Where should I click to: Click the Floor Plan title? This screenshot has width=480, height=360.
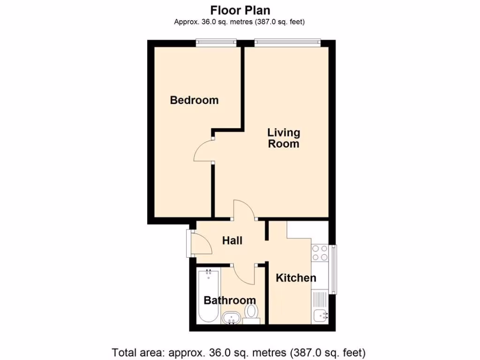click(240, 10)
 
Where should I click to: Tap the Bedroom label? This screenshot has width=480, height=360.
click(194, 100)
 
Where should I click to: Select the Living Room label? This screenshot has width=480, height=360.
click(284, 138)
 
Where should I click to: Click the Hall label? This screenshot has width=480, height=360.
click(232, 240)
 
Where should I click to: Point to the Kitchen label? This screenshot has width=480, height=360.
click(296, 278)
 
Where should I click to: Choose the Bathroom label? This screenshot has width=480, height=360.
click(230, 300)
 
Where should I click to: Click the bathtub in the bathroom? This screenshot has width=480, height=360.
click(208, 295)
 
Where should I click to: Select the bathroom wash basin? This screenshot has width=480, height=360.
click(231, 318)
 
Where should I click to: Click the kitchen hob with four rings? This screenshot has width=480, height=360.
click(320, 253)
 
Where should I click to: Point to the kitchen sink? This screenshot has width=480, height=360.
click(321, 316)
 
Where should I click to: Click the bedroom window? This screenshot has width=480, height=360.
click(216, 43)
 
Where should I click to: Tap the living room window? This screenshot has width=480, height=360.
click(287, 43)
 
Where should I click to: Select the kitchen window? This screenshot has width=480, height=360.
click(333, 269)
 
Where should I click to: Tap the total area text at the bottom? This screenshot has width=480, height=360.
click(239, 352)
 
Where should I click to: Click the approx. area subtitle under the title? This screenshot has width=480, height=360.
click(240, 22)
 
